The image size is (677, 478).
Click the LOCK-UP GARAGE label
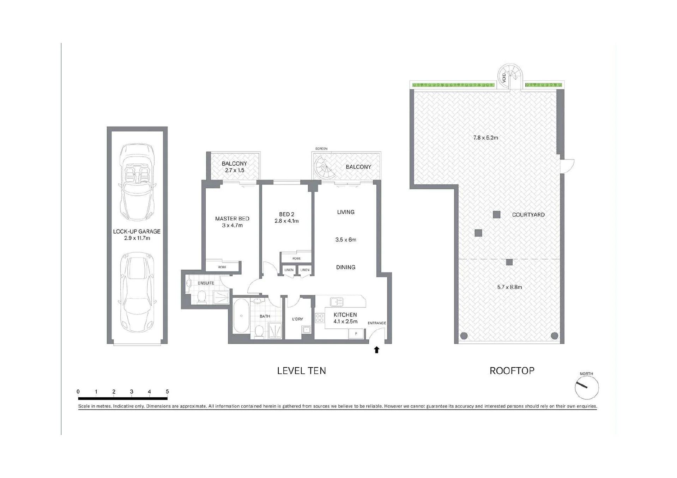pos(137,232)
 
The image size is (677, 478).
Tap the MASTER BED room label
pos(232,219)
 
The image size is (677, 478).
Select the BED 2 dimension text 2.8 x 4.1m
pos(286,221)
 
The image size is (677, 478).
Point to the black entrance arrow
pos(377,350)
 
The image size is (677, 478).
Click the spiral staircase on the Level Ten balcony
pos(325,168)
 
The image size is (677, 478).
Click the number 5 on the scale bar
pos(167,392)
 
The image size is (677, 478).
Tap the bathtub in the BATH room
pos(241,315)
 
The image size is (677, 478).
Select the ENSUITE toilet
pos(202,296)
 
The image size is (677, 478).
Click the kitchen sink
pos(337,302)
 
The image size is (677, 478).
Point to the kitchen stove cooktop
pos(320,318)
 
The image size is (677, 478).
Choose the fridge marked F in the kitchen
pos(356,333)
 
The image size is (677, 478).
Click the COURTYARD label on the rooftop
pos(528,215)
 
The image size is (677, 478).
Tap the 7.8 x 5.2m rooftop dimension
pos(485,138)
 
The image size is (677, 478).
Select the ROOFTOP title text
pos(512,371)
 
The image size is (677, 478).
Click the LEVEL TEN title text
pos(302,371)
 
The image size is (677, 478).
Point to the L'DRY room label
pos(297,319)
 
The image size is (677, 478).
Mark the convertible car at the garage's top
pos(137,183)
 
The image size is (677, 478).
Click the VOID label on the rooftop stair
pos(504,78)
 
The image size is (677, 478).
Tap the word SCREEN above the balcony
pos(321,149)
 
